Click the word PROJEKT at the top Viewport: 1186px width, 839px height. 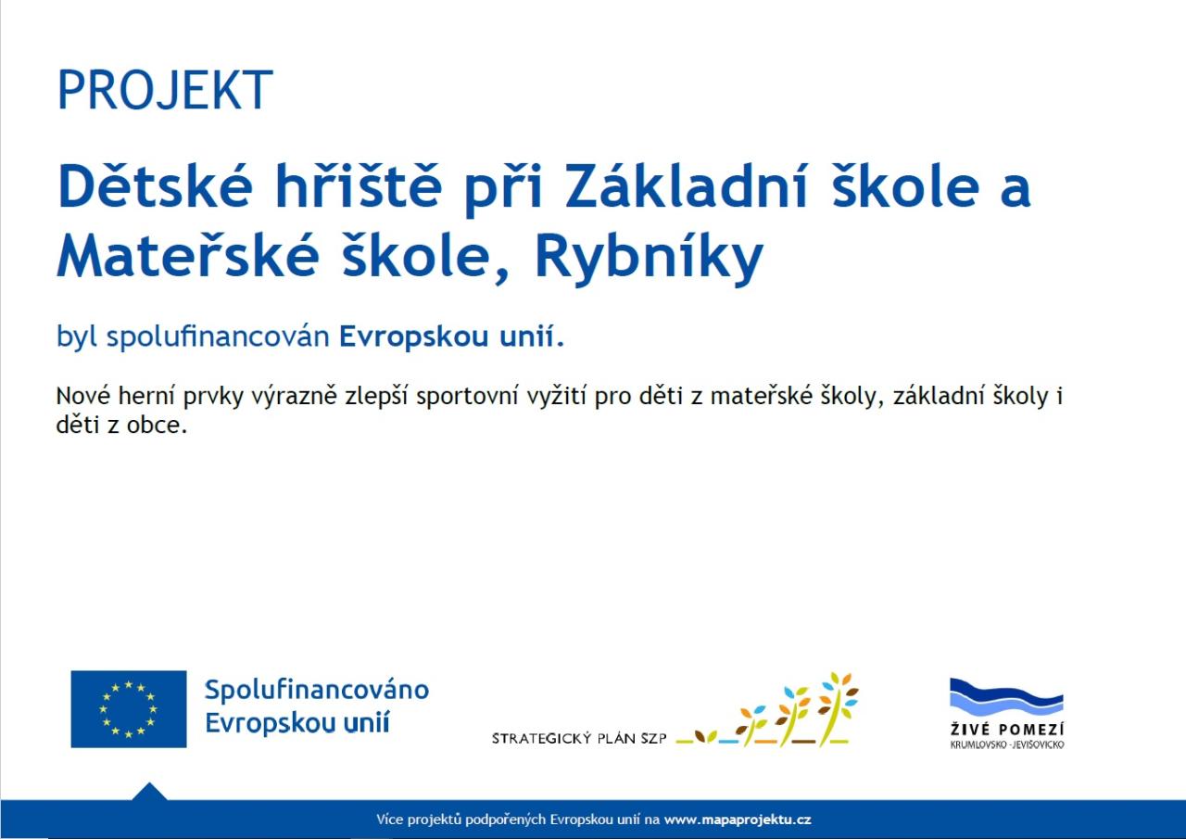point(165,90)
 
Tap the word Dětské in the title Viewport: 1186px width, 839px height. point(155,186)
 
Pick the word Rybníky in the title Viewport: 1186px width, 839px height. point(650,258)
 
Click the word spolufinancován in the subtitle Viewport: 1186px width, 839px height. point(218,337)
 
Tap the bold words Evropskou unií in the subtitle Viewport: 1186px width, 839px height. point(447,337)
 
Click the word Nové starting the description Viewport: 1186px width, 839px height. point(83,396)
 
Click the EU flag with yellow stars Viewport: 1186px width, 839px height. point(129,709)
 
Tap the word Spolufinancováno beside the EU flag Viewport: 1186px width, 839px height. point(317,690)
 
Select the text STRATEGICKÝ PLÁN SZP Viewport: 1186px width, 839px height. point(579,738)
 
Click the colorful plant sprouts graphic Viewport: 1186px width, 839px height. point(767,710)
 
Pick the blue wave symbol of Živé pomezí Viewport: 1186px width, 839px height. point(1006,697)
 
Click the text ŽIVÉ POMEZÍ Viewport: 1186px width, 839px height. point(1006,730)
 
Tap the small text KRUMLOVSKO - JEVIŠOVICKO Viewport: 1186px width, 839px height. point(1007,744)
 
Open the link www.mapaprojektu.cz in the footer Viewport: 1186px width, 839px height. point(738,820)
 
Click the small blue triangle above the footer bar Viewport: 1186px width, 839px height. point(149,793)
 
